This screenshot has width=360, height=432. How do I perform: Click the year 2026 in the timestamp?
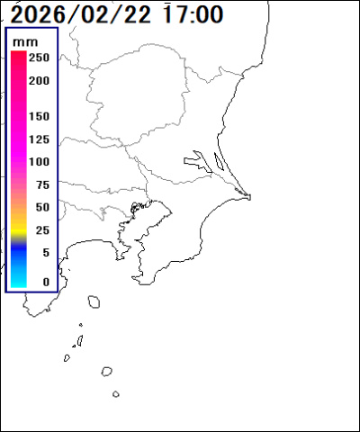point(42,14)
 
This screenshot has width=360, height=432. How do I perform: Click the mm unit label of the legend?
point(31,41)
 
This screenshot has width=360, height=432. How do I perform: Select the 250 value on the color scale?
point(39,58)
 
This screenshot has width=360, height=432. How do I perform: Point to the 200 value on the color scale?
point(39,80)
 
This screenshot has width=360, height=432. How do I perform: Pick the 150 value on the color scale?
point(39,117)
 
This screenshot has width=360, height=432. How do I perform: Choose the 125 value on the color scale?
point(39,139)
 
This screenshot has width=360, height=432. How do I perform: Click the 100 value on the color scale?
point(39,162)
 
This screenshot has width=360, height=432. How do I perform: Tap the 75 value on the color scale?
point(41,184)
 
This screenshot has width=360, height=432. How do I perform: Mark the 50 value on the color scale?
point(41,207)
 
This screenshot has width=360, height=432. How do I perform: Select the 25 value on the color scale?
point(41,230)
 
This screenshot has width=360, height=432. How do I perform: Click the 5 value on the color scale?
point(45,253)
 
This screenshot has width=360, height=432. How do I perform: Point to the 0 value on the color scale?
point(45,282)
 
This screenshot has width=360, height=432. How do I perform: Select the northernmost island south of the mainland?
point(93,302)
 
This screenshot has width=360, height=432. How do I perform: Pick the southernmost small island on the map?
point(116,393)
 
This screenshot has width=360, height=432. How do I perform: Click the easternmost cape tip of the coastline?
point(249,196)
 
